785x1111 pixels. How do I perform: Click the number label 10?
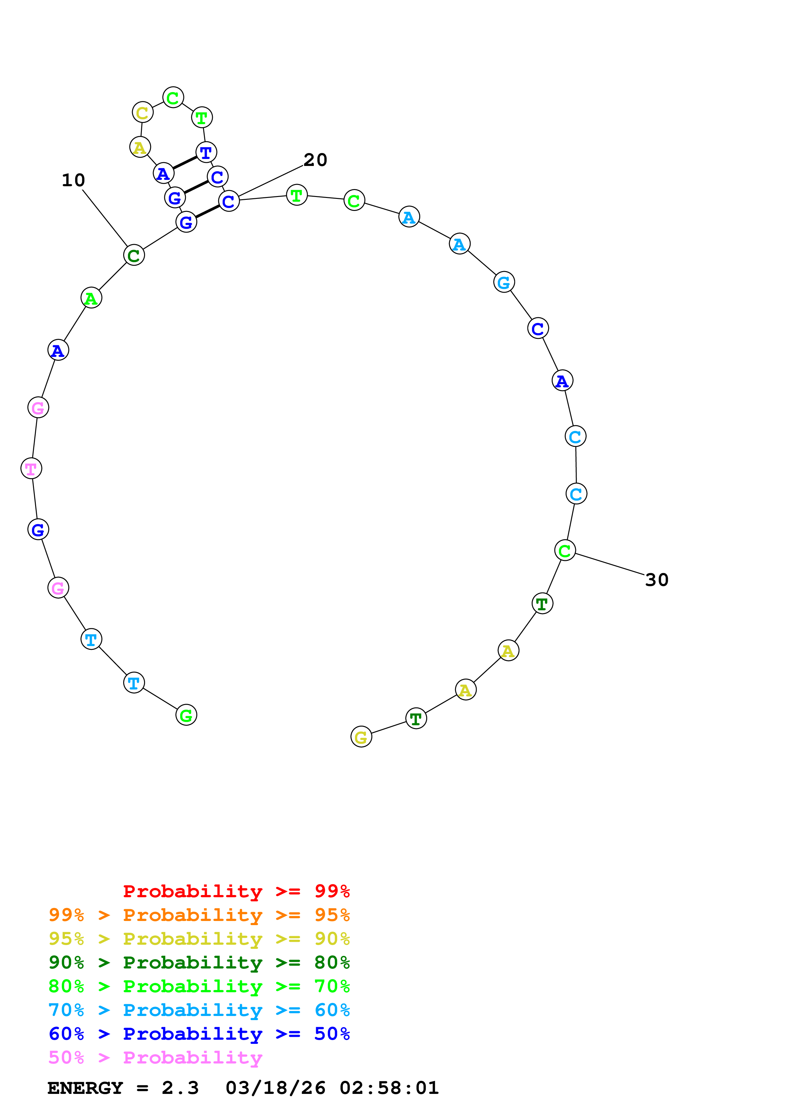(73, 181)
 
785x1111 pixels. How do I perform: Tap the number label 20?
(315, 160)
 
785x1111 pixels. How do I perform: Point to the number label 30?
(656, 580)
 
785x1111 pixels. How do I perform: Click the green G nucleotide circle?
(186, 715)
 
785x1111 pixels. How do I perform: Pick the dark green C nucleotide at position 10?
(134, 255)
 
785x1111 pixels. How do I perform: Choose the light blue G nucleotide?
(504, 282)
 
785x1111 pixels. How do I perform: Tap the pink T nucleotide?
(31, 468)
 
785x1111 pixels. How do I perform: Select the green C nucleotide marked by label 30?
(565, 550)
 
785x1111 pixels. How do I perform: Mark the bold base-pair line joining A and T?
(185, 162)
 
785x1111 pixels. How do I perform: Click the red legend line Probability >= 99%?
(236, 891)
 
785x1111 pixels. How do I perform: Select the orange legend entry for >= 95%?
(199, 915)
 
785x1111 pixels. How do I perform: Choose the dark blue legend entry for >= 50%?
(199, 1034)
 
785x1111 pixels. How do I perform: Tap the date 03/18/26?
(275, 1088)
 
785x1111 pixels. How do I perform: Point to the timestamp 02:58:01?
(389, 1088)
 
